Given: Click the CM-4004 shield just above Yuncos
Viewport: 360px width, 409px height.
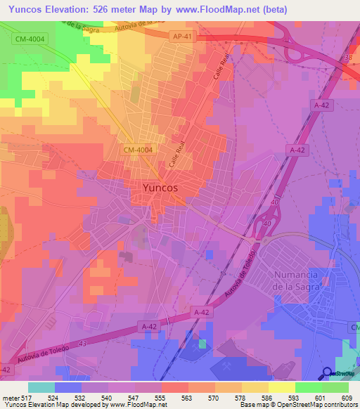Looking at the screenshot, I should [x=137, y=150].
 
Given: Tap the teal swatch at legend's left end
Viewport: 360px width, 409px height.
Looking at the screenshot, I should [x=41, y=387].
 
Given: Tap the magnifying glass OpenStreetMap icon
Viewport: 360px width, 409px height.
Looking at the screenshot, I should [x=328, y=374].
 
